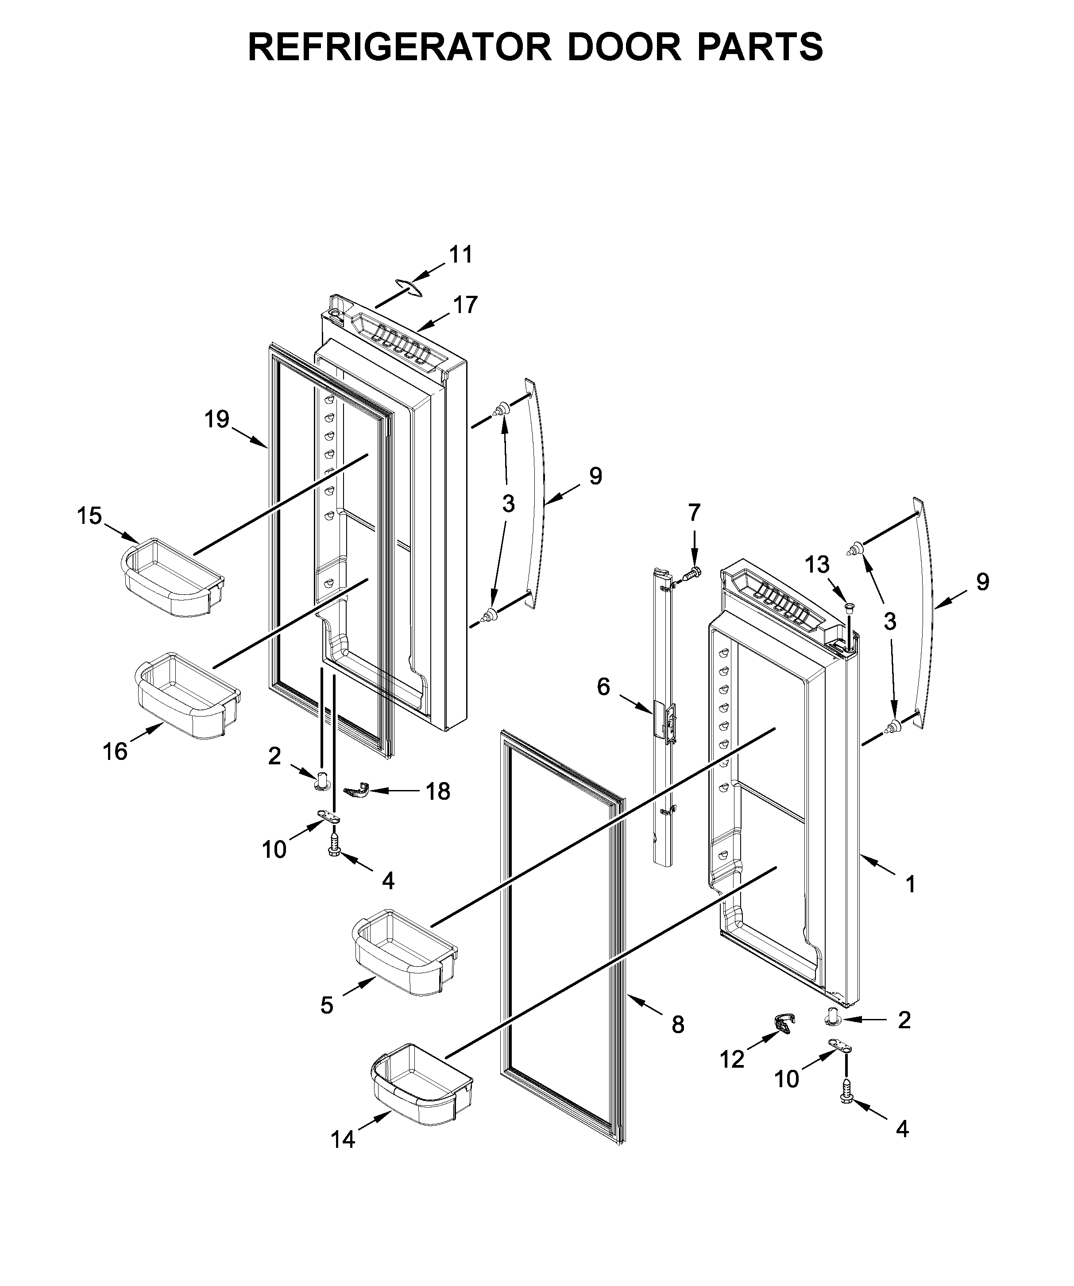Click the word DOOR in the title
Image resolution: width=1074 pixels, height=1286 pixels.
coord(624,47)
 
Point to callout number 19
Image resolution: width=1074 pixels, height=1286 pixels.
coord(217,419)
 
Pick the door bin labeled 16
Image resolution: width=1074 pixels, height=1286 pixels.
coord(187,695)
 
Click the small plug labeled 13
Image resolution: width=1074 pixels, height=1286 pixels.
coord(849,608)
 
